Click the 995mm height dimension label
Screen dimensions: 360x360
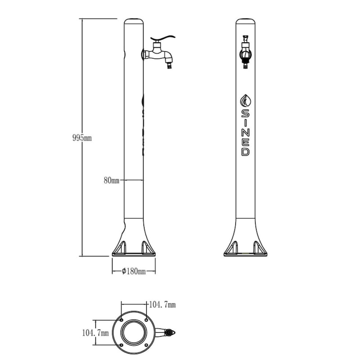[x=82, y=138]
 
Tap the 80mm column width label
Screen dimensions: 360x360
[x=112, y=180]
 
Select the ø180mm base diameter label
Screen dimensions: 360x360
[x=134, y=271]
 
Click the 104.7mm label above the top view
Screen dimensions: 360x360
[x=162, y=305]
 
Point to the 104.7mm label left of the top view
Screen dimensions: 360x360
[x=95, y=333]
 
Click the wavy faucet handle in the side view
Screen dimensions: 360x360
[x=163, y=38]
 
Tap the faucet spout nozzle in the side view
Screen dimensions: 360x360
[x=170, y=65]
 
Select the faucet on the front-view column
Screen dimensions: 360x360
[x=245, y=52]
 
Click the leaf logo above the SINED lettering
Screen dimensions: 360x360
[x=245, y=100]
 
